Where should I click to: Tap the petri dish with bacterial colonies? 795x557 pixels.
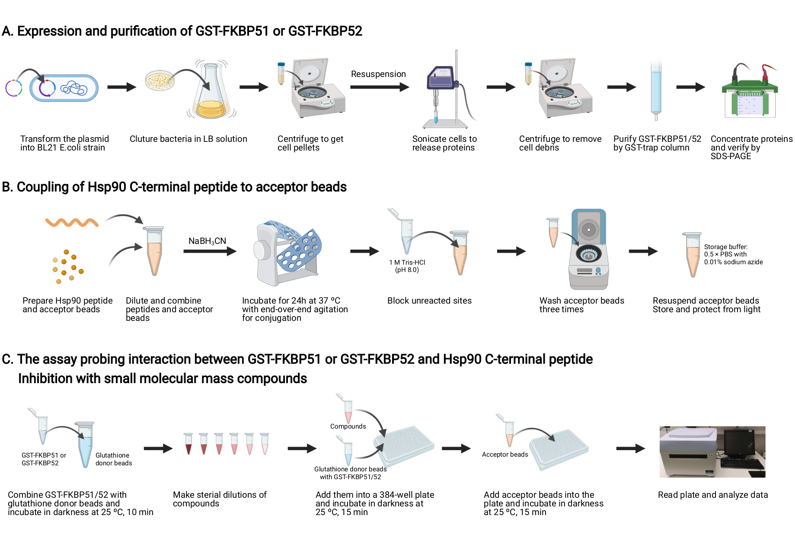click(160, 80)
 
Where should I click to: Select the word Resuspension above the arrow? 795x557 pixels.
click(378, 74)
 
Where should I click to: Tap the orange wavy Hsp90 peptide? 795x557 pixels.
click(72, 222)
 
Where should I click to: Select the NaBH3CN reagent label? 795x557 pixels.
click(207, 241)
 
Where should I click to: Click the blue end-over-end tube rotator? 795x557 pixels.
click(287, 253)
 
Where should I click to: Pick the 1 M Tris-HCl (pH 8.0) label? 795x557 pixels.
click(407, 266)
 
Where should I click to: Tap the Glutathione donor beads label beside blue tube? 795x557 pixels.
click(113, 459)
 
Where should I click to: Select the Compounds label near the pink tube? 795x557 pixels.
click(348, 426)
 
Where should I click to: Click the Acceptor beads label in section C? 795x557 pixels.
click(505, 455)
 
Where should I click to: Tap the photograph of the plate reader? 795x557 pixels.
click(712, 452)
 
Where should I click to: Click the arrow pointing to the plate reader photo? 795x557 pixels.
click(630, 449)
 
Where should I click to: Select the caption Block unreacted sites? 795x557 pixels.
click(429, 301)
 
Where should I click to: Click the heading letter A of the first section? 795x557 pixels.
click(7, 31)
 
